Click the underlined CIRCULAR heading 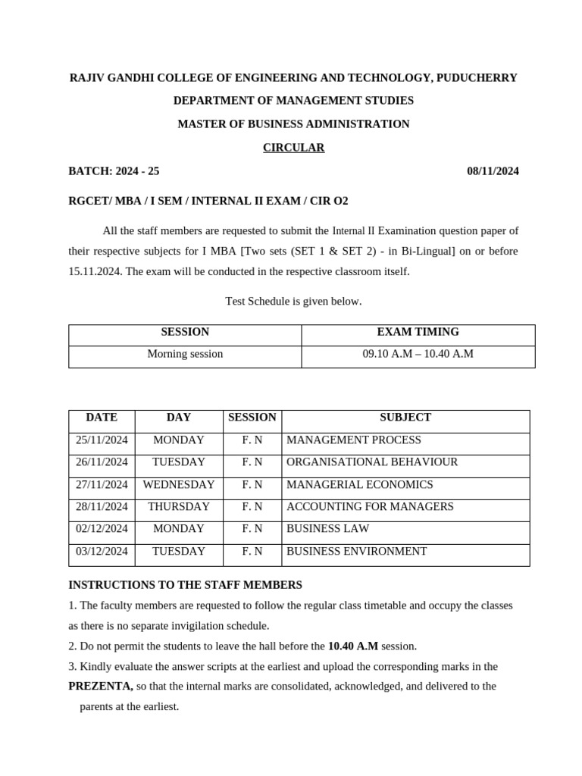point(293,148)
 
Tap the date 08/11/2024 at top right point(493,171)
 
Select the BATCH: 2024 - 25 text point(114,171)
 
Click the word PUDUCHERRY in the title point(477,78)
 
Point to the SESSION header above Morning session point(185,332)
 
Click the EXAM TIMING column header point(418,332)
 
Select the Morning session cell point(185,354)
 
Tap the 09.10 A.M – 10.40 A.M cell point(418,354)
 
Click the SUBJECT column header point(405,418)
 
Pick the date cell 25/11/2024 point(102,440)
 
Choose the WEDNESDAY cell point(178,485)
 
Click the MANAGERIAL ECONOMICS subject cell point(359,485)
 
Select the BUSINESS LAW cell point(327,529)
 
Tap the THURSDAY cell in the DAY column point(178,507)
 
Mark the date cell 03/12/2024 point(102,552)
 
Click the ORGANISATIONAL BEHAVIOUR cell point(371,462)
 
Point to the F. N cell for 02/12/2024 point(252,529)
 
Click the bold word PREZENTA point(100,687)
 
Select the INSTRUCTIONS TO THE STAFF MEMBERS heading point(185,585)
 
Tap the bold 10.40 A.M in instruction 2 point(352,646)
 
